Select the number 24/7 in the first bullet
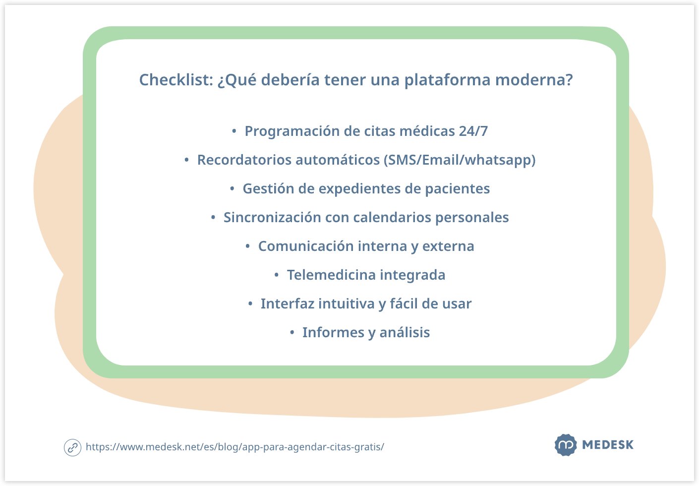(x=473, y=131)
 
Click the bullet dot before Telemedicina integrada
(x=277, y=275)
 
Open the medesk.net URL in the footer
(x=234, y=447)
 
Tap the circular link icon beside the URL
(x=72, y=447)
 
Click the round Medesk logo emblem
(x=565, y=445)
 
